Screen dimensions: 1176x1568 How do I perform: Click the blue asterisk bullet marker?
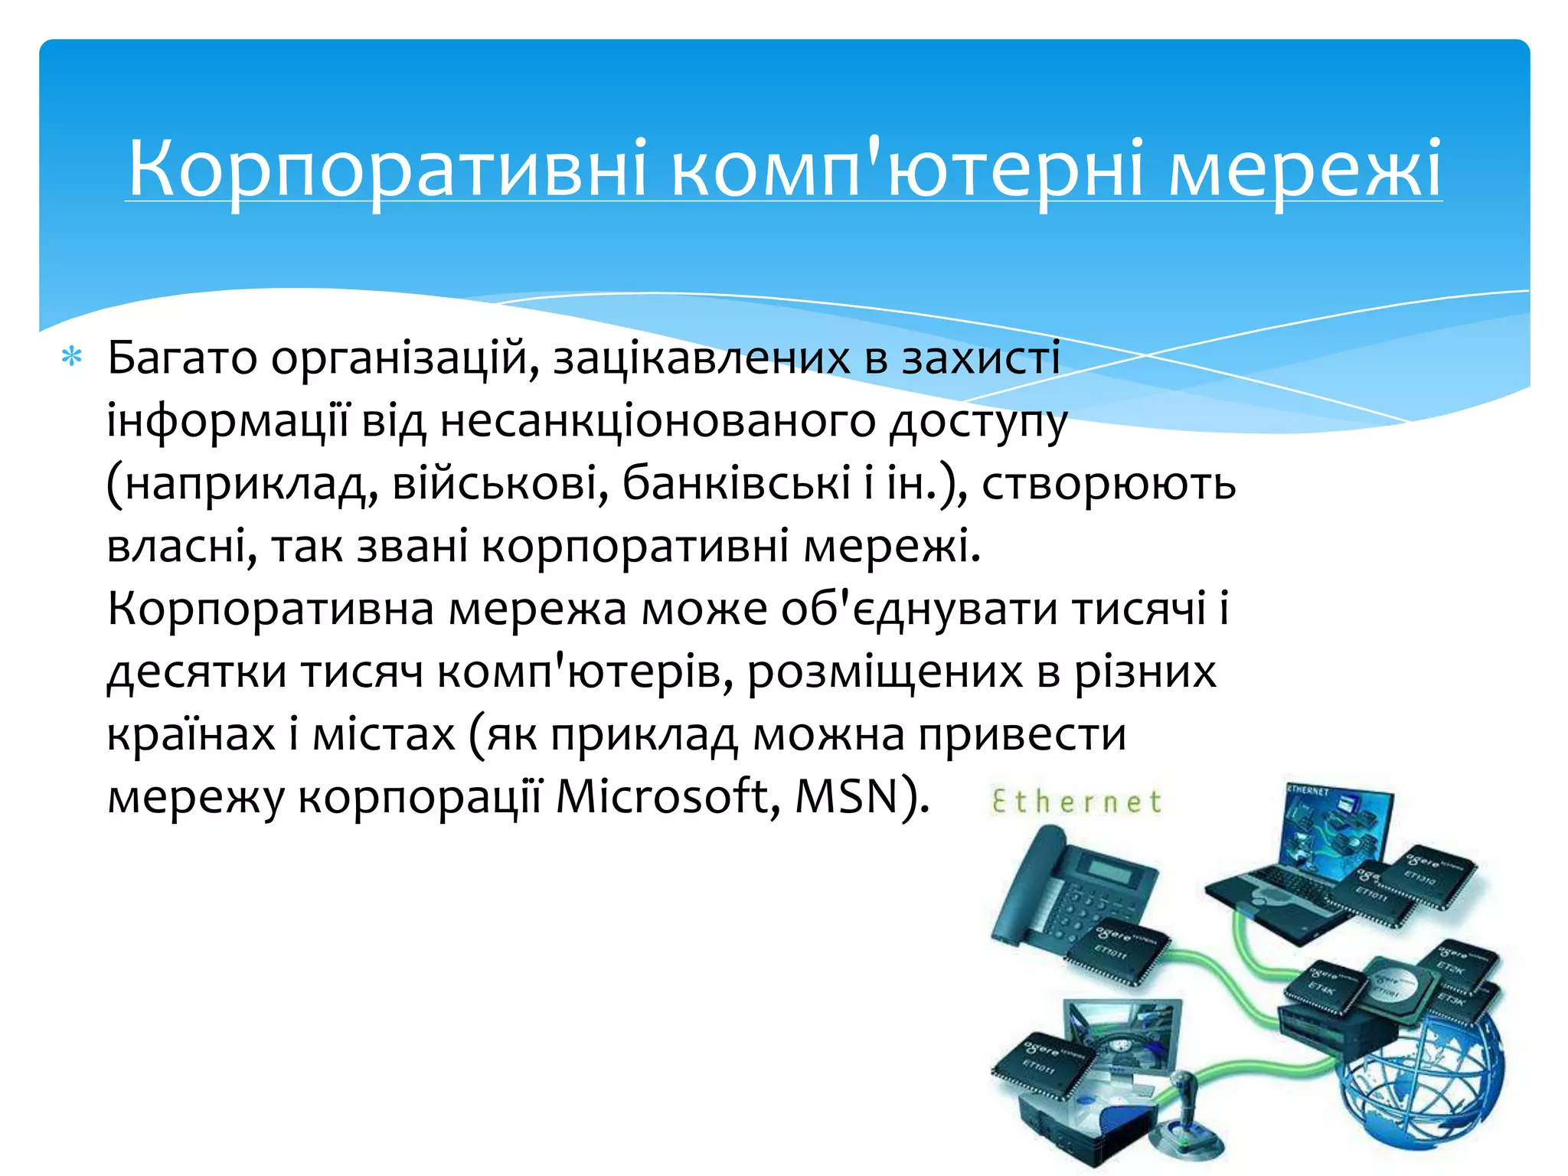pyautogui.click(x=72, y=357)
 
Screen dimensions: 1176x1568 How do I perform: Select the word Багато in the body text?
pyautogui.click(x=182, y=358)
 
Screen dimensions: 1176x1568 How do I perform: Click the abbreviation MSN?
pyautogui.click(x=847, y=796)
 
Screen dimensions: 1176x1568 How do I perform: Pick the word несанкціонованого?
pyautogui.click(x=658, y=421)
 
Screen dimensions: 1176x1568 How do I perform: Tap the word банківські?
pyautogui.click(x=736, y=484)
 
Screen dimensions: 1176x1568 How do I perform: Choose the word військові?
pyautogui.click(x=495, y=484)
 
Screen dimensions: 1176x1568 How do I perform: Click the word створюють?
pyautogui.click(x=1108, y=484)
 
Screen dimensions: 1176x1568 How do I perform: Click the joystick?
pyautogui.click(x=1185, y=1110)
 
